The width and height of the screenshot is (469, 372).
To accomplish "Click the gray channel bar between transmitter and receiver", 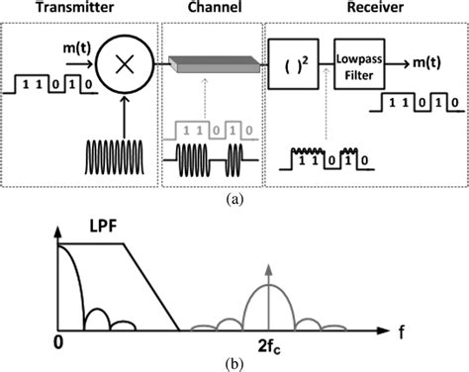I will point(214,62).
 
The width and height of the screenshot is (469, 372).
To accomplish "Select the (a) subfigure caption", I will point(234,198).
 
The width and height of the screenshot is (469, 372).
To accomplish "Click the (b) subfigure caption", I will point(234,363).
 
